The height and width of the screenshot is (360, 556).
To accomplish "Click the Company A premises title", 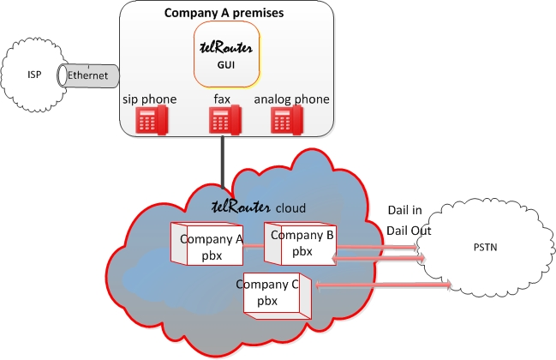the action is pos(224,13).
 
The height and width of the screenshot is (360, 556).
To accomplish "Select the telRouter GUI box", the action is pos(227,54).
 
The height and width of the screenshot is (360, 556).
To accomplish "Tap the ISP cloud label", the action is pos(34,75).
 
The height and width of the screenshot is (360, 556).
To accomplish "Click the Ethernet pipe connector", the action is pos(88,75).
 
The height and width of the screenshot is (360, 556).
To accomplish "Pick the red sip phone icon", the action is pos(152,121).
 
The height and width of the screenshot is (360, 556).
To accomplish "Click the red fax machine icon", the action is pos(225,120).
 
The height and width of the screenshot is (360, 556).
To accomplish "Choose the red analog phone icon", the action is pos(287,120).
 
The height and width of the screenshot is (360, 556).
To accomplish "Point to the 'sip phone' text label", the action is pos(150,99).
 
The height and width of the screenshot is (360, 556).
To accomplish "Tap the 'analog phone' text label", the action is pos(291,99).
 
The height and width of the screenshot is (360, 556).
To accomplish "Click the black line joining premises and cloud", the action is pos(223,163).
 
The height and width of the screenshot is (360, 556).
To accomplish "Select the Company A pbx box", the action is pos(206,243).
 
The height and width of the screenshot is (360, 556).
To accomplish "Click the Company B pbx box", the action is pos(301,243).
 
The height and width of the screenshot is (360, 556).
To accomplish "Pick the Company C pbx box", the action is pos(278,296).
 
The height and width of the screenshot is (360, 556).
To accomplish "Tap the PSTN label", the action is pos(485,247).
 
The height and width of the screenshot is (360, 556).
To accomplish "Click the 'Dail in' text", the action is pos(405,210).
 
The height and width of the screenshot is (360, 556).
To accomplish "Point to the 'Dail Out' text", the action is pos(409,231).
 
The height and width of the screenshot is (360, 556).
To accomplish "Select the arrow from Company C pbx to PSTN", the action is pos(383,285).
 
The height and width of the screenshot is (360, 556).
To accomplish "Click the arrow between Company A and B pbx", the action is pos(254,246).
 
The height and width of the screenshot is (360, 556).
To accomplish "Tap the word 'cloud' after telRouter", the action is pos(290,207).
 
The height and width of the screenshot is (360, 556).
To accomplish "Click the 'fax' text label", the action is pos(222,99).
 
